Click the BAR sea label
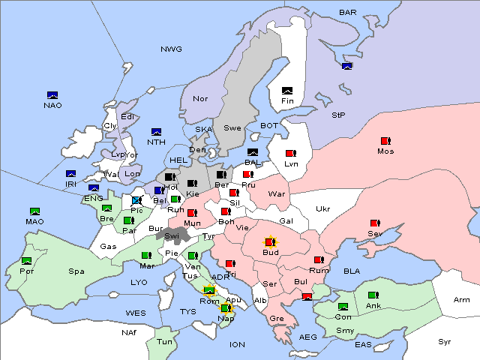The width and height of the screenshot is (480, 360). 348,12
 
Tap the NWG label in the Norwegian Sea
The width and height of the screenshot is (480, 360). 171,49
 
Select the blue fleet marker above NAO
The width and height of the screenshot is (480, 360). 52,94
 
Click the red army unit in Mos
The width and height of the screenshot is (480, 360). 385,141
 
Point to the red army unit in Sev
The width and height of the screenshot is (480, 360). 375,223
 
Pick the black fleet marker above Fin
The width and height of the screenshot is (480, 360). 287,91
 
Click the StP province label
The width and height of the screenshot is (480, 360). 338,115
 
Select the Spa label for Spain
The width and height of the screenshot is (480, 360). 76,271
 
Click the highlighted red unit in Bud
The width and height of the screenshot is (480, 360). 270,242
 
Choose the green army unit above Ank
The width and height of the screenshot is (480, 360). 373,295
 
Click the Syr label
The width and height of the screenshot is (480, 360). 445,341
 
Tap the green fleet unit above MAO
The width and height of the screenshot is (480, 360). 34,211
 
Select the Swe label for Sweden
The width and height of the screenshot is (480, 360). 232,128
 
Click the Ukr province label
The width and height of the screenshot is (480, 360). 322,209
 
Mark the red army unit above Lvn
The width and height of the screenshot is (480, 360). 291,154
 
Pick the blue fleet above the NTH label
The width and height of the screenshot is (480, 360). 157,132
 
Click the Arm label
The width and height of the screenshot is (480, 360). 462,300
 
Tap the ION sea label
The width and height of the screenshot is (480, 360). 237,344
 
